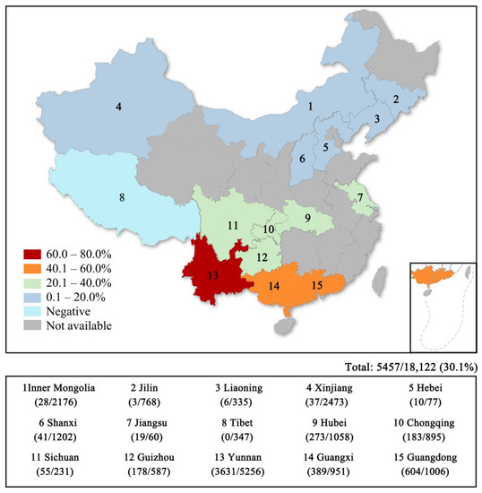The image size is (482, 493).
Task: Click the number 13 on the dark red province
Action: click(212, 276)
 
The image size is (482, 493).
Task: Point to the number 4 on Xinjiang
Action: click(118, 108)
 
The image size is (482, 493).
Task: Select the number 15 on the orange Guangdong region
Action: click(316, 286)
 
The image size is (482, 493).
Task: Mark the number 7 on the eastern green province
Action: click(361, 197)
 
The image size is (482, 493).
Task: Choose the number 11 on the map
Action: click(231, 225)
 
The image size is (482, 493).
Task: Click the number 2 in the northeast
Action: click(396, 99)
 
